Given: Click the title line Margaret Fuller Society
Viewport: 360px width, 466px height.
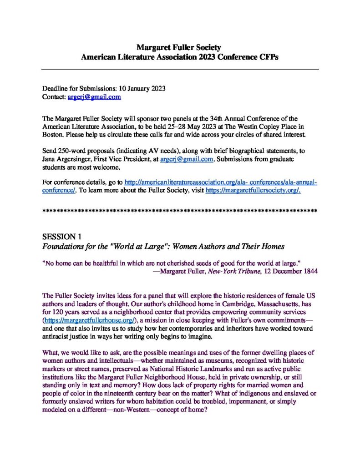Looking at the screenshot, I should point(180,47).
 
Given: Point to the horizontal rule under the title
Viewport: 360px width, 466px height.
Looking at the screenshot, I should point(180,68).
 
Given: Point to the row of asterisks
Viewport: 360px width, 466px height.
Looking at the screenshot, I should point(180,211).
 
